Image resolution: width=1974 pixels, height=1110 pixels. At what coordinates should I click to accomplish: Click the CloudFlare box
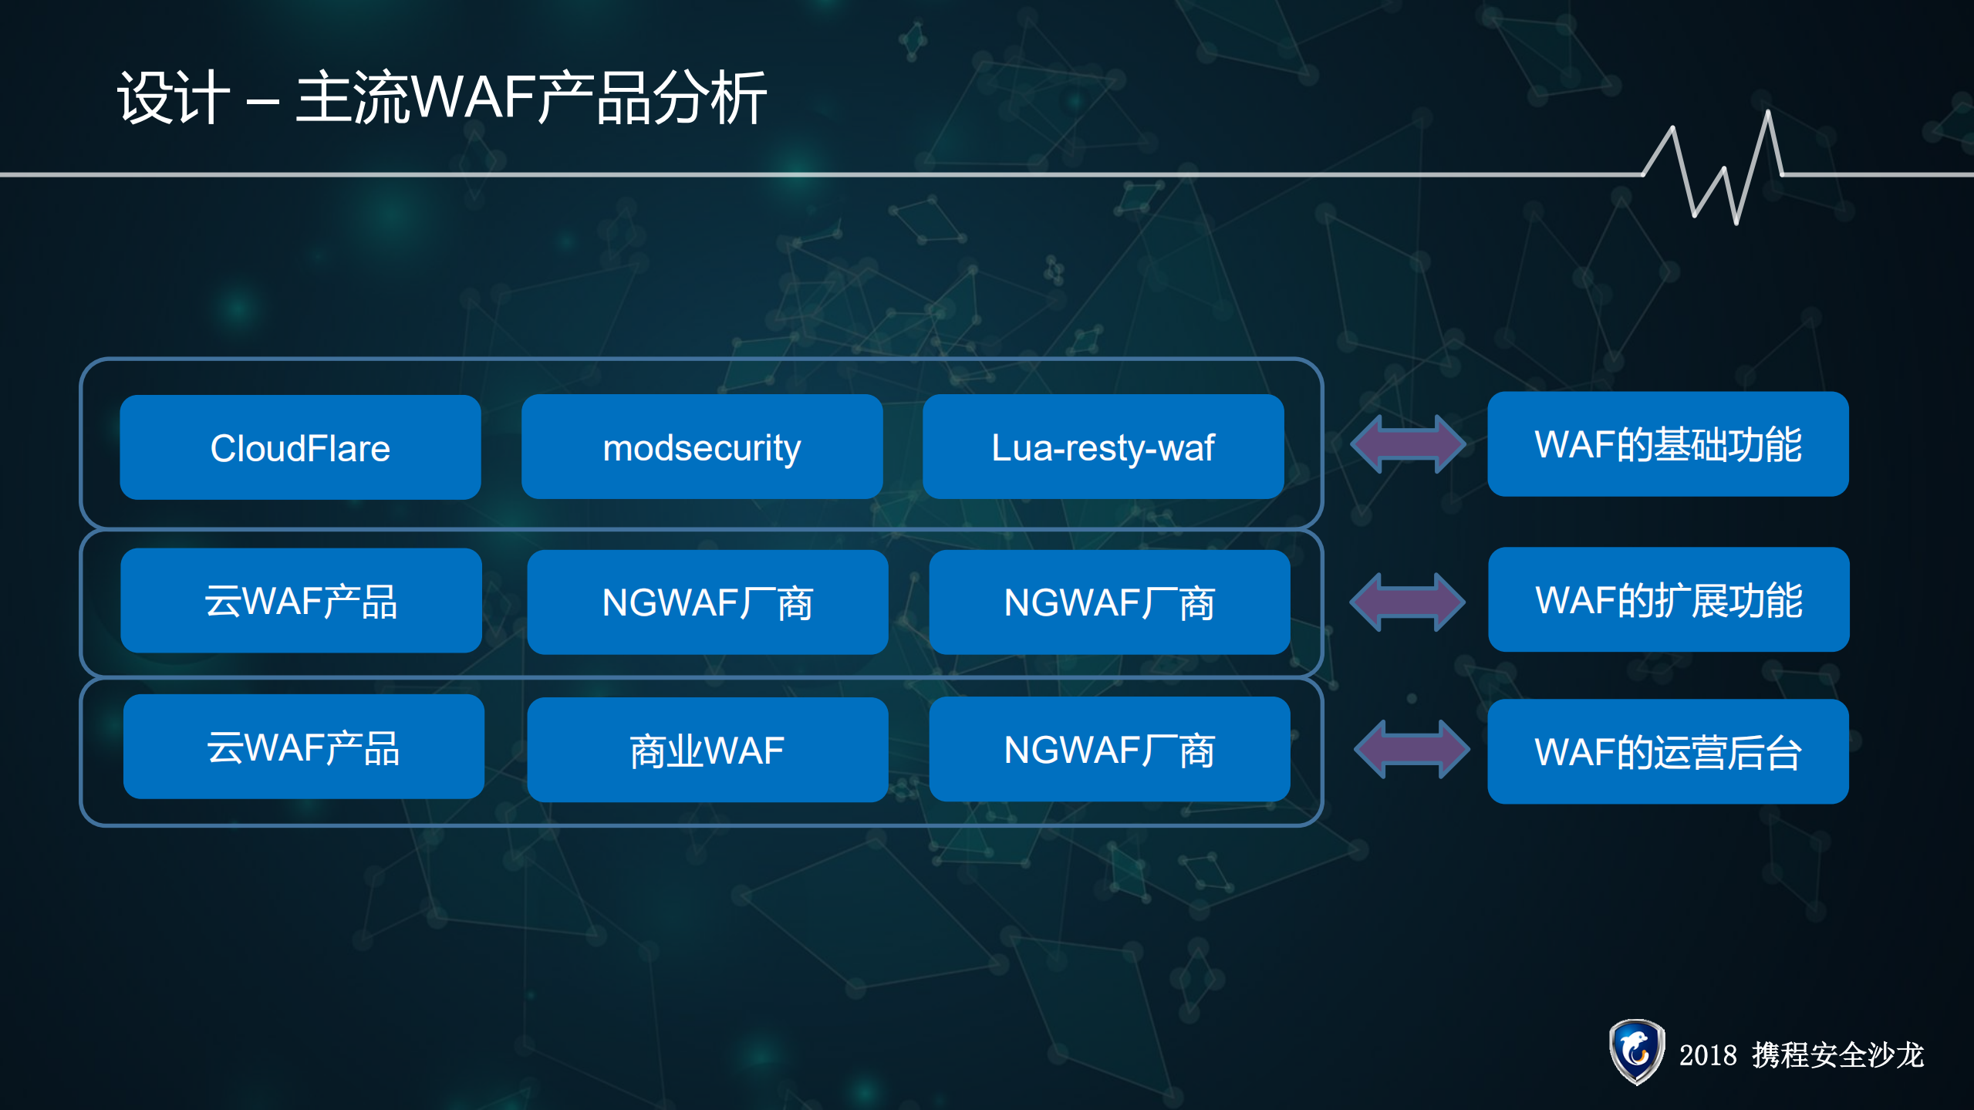[x=300, y=447]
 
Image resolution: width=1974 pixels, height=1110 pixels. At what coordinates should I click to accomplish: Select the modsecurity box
[x=701, y=447]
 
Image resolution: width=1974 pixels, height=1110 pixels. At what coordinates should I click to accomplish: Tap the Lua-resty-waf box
[x=1102, y=447]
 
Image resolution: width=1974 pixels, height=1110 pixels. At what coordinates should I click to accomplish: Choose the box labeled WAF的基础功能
[x=1667, y=444]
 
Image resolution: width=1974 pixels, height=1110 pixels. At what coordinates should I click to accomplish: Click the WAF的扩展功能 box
[x=1668, y=600]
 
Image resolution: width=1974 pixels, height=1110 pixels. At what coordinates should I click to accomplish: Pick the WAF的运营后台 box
[x=1667, y=751]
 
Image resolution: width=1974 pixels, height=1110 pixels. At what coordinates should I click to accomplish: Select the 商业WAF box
[x=707, y=750]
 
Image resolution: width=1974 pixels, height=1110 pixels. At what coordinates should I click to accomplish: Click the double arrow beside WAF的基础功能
[x=1407, y=444]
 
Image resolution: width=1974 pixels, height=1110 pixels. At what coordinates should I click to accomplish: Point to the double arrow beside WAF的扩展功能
[x=1406, y=602]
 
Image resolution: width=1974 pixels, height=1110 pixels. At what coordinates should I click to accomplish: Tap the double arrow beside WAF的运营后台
[x=1411, y=749]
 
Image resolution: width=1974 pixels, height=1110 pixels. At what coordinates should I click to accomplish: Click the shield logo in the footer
[x=1635, y=1051]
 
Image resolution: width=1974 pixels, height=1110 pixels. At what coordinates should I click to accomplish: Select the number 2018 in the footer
[x=1707, y=1055]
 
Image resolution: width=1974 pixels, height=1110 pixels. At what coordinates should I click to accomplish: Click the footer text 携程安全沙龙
[x=1837, y=1055]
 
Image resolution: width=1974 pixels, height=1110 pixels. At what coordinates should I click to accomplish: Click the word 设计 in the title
[x=174, y=98]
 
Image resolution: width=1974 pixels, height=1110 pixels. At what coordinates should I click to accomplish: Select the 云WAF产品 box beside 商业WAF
[x=303, y=747]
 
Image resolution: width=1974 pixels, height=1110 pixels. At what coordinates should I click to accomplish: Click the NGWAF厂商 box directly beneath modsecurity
[x=707, y=602]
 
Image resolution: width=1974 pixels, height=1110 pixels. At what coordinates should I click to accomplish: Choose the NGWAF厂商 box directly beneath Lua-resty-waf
[x=1108, y=602]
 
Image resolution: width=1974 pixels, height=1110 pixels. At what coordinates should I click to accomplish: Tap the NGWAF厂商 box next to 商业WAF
[x=1108, y=749]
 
